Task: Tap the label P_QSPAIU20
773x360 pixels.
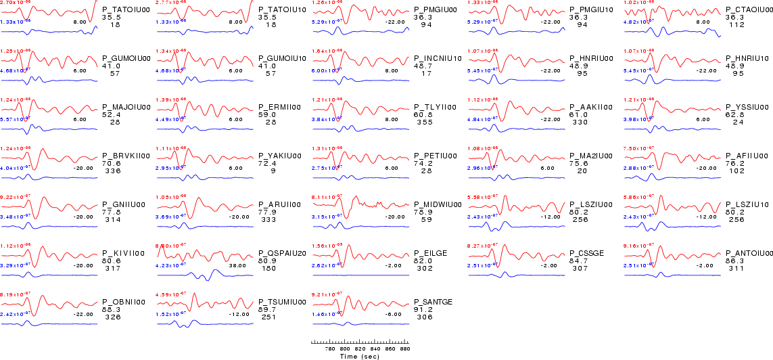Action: point(283,254)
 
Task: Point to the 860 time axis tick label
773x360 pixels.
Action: point(392,349)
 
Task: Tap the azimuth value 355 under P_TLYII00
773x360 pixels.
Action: point(425,122)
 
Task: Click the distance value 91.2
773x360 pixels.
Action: point(424,310)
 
